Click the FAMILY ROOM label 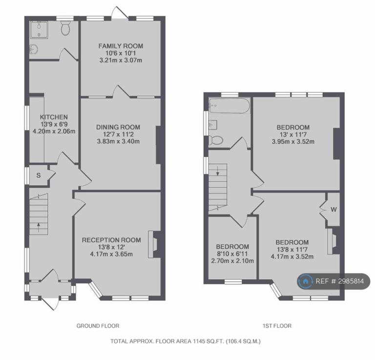click(x=121, y=46)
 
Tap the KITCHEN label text click(x=54, y=117)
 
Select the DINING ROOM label click(x=118, y=127)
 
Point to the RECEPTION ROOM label click(x=111, y=240)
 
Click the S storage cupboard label click(x=39, y=176)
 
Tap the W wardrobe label click(x=333, y=209)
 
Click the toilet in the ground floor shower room click(x=65, y=28)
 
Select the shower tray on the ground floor click(x=39, y=30)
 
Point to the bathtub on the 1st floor click(x=229, y=105)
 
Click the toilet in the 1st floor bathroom click(x=216, y=140)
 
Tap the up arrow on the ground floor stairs click(x=39, y=227)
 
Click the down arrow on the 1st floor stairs click(x=218, y=171)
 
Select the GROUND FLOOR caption click(x=98, y=326)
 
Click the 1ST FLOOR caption click(x=277, y=326)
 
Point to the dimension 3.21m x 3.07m click(x=121, y=60)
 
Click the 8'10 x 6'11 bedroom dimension click(x=232, y=254)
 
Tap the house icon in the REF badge click(x=305, y=281)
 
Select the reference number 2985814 click(x=351, y=281)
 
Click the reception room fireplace click(x=153, y=244)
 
